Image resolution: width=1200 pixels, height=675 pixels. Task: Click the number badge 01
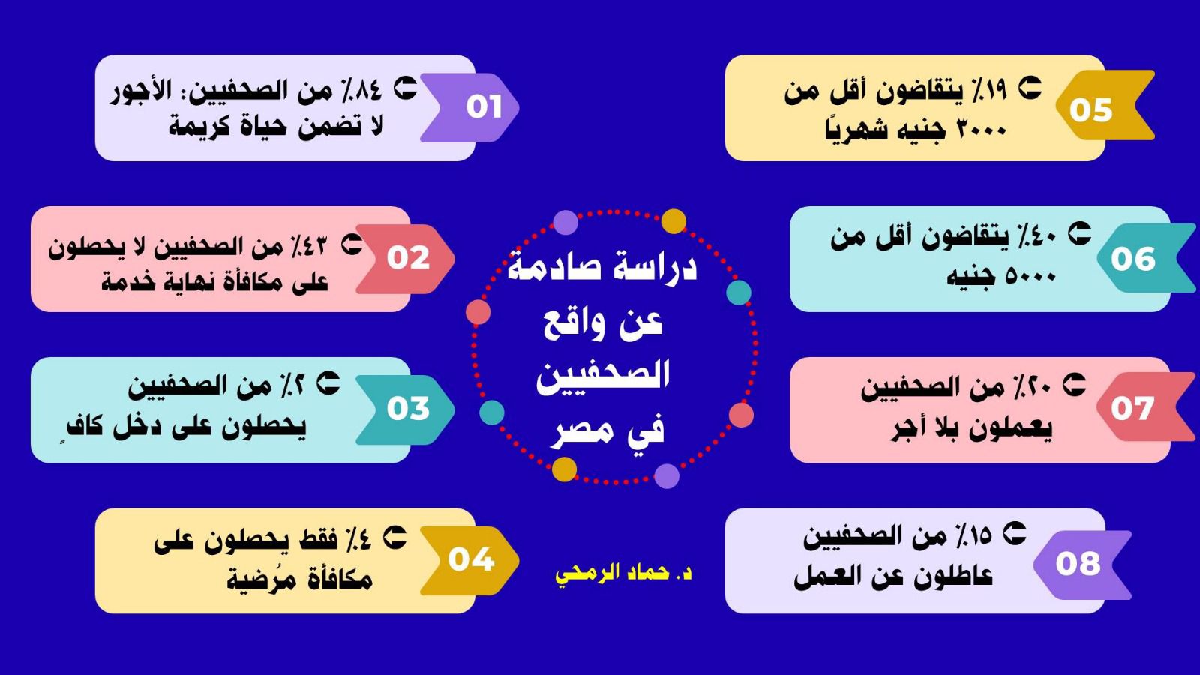pos(469,108)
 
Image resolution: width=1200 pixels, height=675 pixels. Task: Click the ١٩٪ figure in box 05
pos(989,89)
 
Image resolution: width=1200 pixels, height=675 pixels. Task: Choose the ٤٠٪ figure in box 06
pos(1037,237)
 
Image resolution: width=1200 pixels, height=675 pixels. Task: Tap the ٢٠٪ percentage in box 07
pos(1030,387)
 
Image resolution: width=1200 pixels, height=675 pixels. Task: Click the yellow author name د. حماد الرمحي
pos(623,574)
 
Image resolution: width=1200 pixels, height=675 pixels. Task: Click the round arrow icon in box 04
pos(394,537)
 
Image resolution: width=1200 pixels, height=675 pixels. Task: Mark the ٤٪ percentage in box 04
pos(361,538)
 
